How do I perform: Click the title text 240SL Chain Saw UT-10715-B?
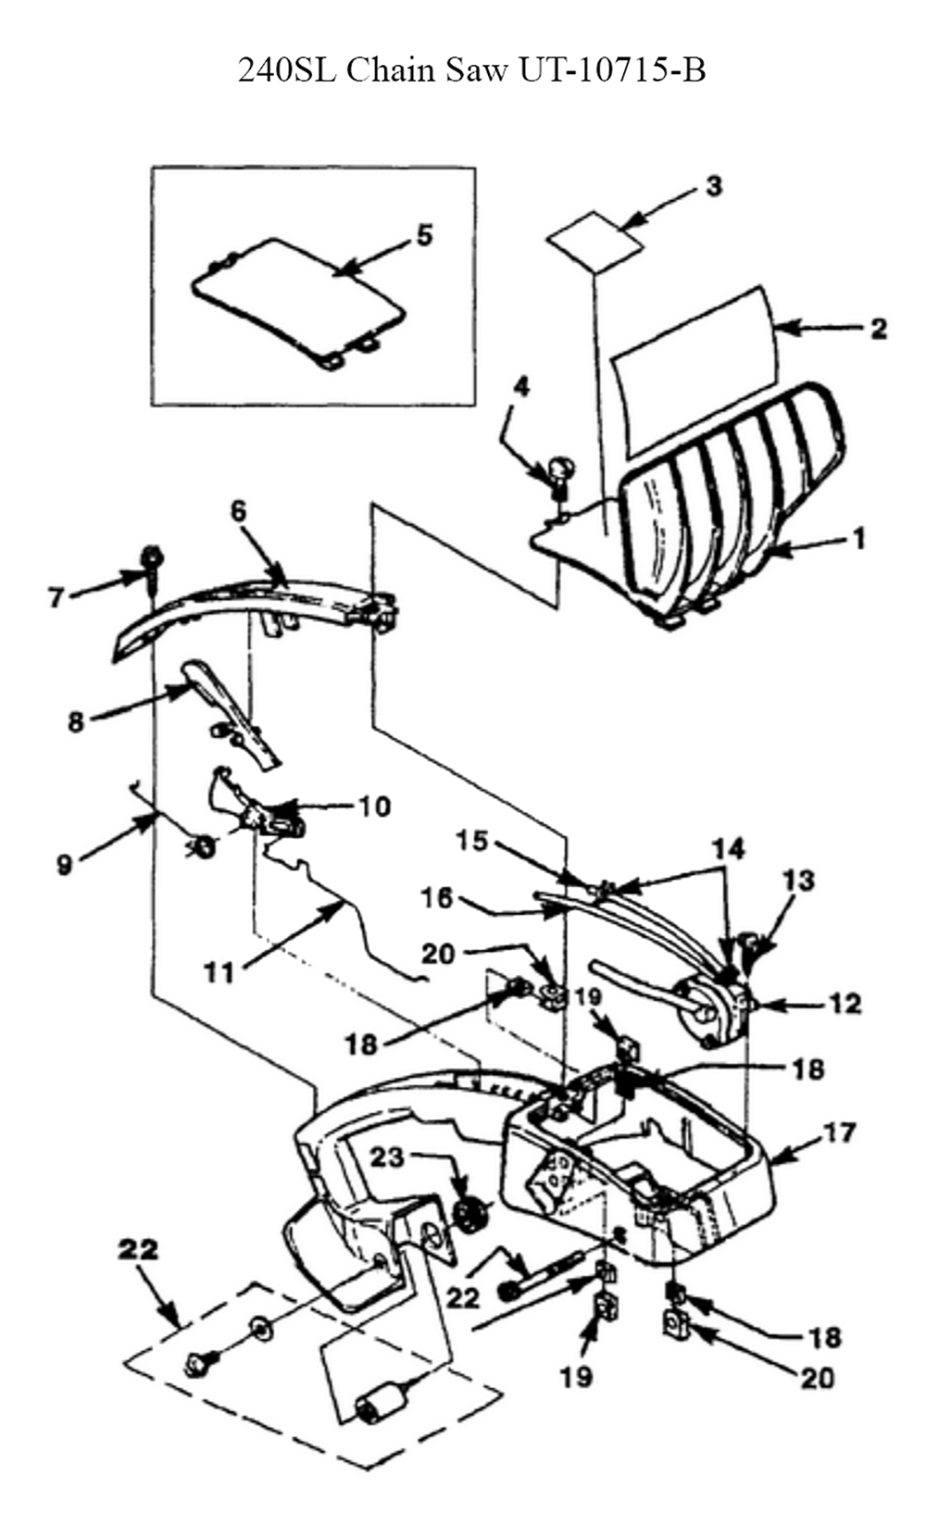[x=472, y=69]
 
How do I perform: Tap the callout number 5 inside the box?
[x=424, y=236]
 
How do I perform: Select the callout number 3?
[x=714, y=186]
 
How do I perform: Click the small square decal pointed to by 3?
[x=594, y=242]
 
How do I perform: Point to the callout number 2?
[x=878, y=329]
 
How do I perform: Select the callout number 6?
[x=238, y=510]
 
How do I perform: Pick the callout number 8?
[x=76, y=721]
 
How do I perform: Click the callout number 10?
[x=373, y=807]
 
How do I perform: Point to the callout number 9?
[x=64, y=865]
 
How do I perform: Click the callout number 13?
[x=799, y=880]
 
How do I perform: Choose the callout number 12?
[x=845, y=1004]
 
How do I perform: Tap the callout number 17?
[x=840, y=1132]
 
